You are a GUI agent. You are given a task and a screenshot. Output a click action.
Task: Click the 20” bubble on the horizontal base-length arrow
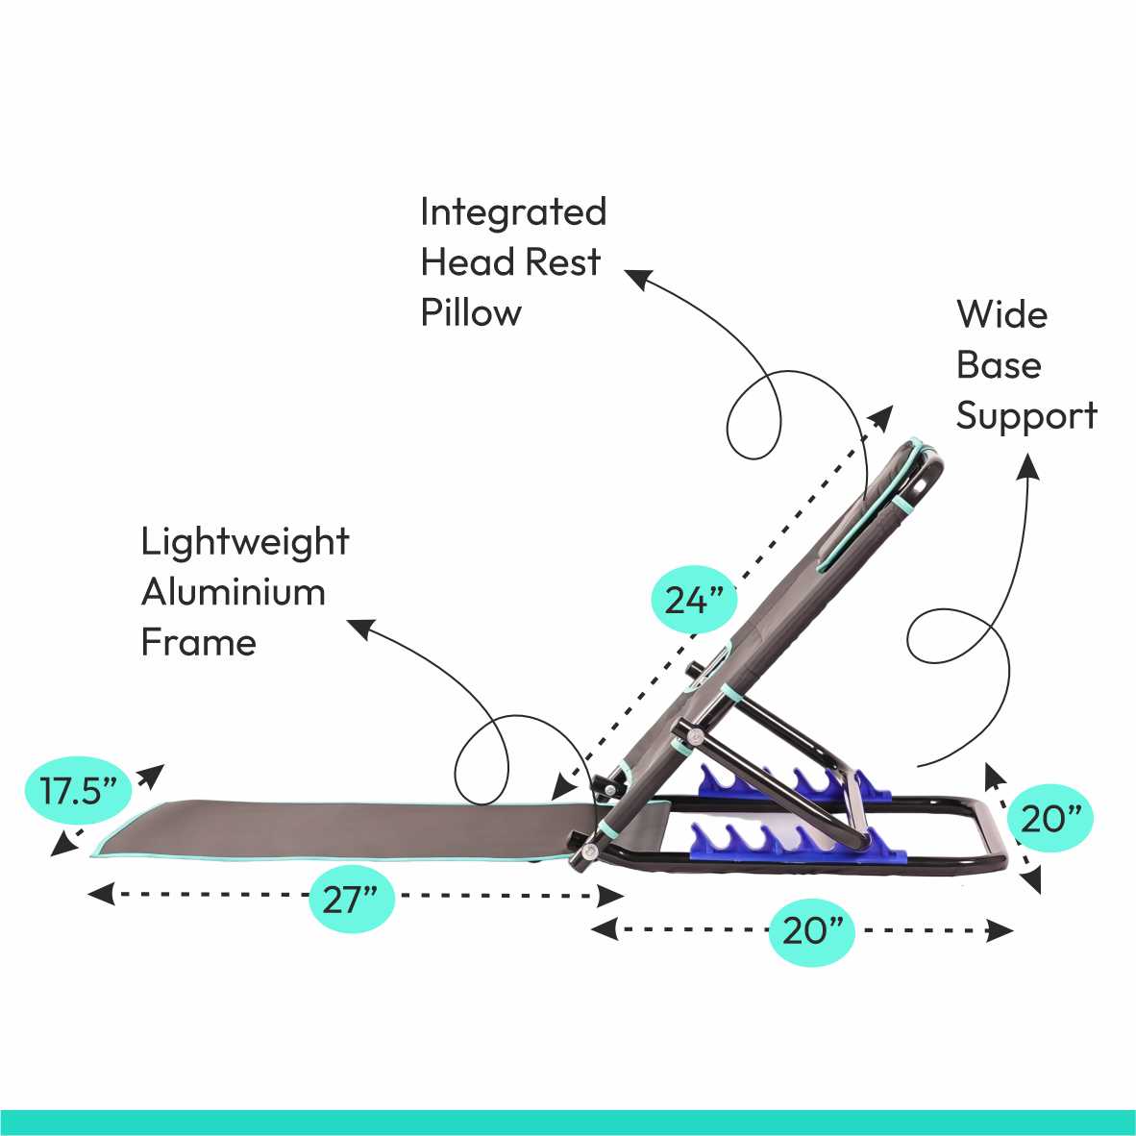coord(812,930)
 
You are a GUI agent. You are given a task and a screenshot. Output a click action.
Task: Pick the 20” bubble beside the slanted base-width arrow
coord(1050,819)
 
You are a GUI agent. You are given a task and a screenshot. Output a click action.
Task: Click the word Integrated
coord(513,212)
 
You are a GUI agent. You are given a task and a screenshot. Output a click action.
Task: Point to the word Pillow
coord(471,312)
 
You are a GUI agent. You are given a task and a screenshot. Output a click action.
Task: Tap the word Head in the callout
coord(457,262)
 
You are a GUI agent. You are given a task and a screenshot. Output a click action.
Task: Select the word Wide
coord(1001,314)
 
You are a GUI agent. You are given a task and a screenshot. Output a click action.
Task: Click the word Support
coord(1026,416)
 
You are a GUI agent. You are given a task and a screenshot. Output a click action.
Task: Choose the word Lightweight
coord(244,542)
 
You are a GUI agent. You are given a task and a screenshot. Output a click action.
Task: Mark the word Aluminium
coord(234,592)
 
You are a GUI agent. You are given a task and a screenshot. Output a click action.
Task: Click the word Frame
coord(199,642)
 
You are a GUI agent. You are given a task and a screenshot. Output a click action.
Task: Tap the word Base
coord(999,365)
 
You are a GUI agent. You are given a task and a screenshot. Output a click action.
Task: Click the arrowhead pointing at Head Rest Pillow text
coord(637,278)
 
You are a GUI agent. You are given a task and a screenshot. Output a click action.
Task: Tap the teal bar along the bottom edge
coord(568,1122)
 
